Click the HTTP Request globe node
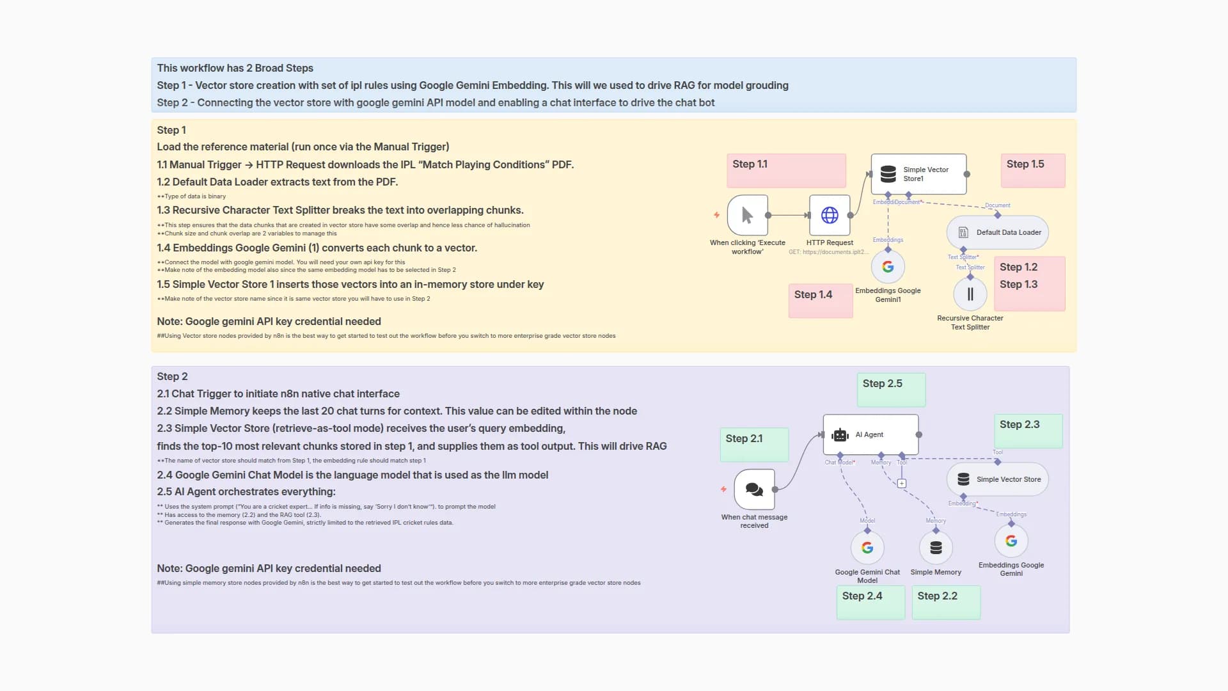(x=830, y=216)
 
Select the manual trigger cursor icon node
(x=747, y=216)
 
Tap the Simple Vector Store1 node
(x=918, y=174)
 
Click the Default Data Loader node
(x=997, y=232)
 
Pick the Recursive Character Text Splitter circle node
(x=970, y=294)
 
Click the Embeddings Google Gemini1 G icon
(x=888, y=267)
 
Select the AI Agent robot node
(x=870, y=434)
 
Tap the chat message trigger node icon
(x=754, y=489)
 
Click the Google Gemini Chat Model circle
(x=867, y=548)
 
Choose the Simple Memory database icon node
(x=936, y=548)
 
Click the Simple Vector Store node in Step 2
(x=997, y=479)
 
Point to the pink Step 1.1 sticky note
(x=785, y=170)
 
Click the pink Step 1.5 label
(x=1025, y=164)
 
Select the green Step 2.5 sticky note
(x=890, y=390)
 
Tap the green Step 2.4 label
(x=862, y=596)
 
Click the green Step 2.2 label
(x=937, y=596)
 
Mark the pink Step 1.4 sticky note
(x=820, y=301)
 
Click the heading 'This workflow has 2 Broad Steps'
(x=235, y=68)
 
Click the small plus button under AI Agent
(x=901, y=484)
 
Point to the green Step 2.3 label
(x=1019, y=425)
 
